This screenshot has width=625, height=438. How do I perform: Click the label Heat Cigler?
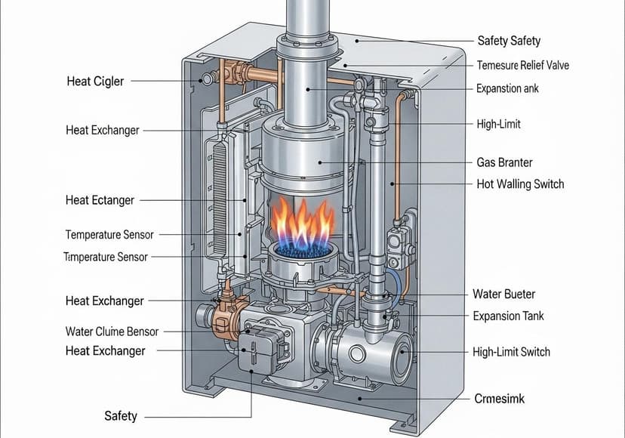tap(94, 80)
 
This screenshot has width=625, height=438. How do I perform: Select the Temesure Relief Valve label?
tap(522, 65)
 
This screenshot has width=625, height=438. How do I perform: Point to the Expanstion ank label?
tap(509, 88)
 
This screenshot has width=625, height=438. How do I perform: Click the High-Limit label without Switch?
tap(499, 123)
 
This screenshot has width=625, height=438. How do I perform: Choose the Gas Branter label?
tap(504, 162)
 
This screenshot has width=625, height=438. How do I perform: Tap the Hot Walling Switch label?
tap(520, 184)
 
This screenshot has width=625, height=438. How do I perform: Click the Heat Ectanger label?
tap(100, 200)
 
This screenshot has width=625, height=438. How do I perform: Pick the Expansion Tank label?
tap(508, 316)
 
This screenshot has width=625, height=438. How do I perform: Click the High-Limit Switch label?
tap(511, 351)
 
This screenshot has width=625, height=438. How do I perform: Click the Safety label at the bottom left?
tap(120, 415)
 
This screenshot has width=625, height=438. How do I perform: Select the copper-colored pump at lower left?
tap(223, 317)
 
